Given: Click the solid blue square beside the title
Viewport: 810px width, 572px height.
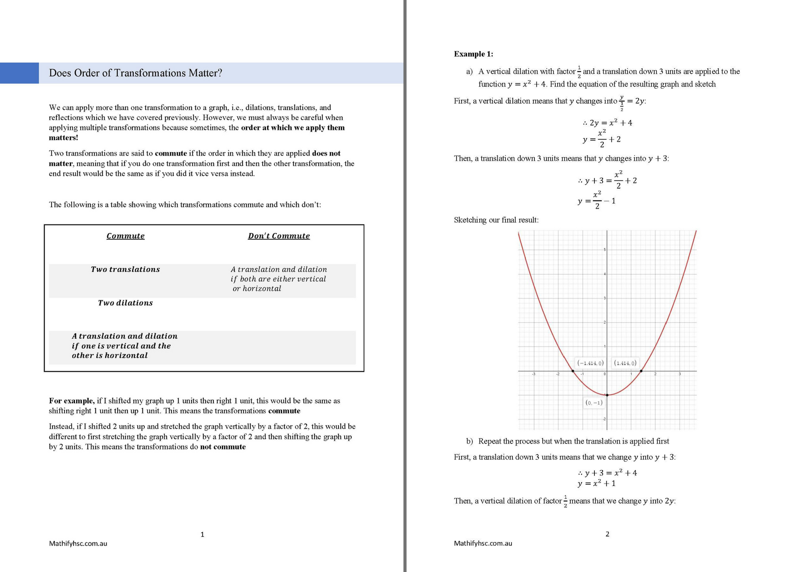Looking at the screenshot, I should [x=19, y=73].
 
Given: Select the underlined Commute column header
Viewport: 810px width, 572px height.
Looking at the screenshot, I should [x=125, y=236].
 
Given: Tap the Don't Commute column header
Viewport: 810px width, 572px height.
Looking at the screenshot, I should [x=279, y=236].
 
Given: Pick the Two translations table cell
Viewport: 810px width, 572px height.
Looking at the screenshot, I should [x=125, y=269].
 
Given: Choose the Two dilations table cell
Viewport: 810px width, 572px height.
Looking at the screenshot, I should [x=125, y=303].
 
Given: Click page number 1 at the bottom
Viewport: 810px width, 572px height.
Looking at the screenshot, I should [x=202, y=535].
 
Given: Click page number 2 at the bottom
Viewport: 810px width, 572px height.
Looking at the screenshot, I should [x=607, y=534].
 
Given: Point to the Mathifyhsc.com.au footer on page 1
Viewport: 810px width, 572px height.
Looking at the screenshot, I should [x=78, y=544].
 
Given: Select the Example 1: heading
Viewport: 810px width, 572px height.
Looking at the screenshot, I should [x=473, y=54].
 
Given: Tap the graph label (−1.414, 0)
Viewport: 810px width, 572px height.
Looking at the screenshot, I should [x=590, y=363].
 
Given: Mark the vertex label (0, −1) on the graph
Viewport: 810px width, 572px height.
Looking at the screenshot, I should [x=594, y=402].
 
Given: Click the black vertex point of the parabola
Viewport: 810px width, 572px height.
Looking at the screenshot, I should [x=607, y=395].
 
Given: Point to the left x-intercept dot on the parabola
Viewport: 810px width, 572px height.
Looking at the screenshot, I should [x=573, y=371].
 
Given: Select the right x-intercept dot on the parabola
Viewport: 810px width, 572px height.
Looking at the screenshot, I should [x=641, y=371].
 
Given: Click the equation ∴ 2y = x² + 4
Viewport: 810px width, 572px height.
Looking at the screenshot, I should [x=607, y=123].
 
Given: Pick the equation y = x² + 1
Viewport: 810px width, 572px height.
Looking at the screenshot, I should [x=596, y=483].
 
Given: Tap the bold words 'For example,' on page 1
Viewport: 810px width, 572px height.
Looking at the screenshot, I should [x=72, y=401].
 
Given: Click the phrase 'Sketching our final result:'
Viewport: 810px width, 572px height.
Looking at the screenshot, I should [x=496, y=220].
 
